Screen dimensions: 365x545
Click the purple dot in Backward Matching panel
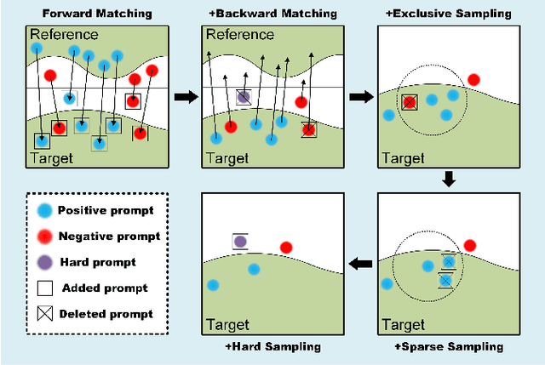pyautogui.click(x=244, y=98)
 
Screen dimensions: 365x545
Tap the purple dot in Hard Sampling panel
pyautogui.click(x=240, y=242)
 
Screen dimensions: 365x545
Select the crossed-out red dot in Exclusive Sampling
pyautogui.click(x=410, y=102)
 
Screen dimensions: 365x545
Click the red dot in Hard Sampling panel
pyautogui.click(x=286, y=248)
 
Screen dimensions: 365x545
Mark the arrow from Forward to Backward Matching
pyautogui.click(x=184, y=97)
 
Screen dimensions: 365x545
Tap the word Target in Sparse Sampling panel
pyautogui.click(x=404, y=325)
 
